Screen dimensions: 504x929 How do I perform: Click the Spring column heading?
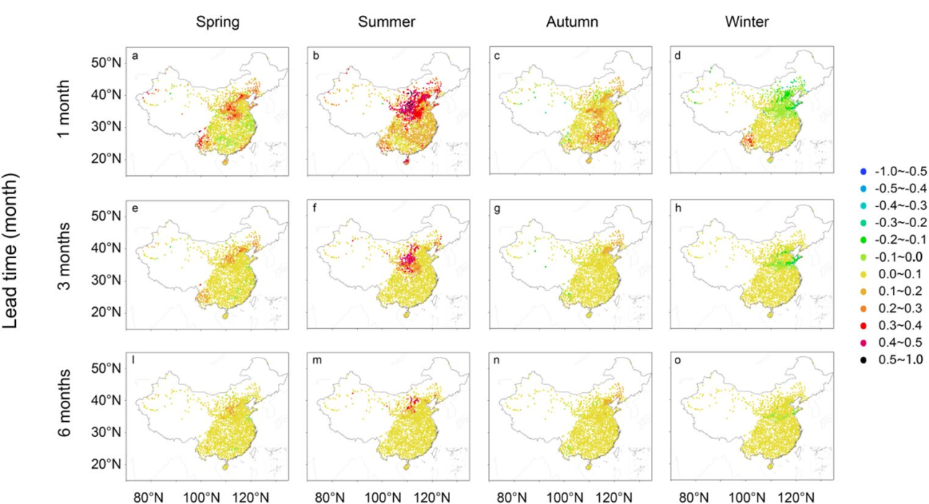(x=218, y=22)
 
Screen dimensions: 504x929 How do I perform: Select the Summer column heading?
(x=387, y=22)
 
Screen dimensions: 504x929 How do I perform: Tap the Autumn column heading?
(x=568, y=22)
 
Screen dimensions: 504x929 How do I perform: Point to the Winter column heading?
(x=747, y=22)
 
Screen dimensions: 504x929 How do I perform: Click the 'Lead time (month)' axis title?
(x=16, y=265)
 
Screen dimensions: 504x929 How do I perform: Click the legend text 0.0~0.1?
(x=894, y=273)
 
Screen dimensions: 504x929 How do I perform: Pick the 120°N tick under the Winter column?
(x=794, y=497)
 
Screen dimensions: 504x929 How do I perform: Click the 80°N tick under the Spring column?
(x=148, y=497)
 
